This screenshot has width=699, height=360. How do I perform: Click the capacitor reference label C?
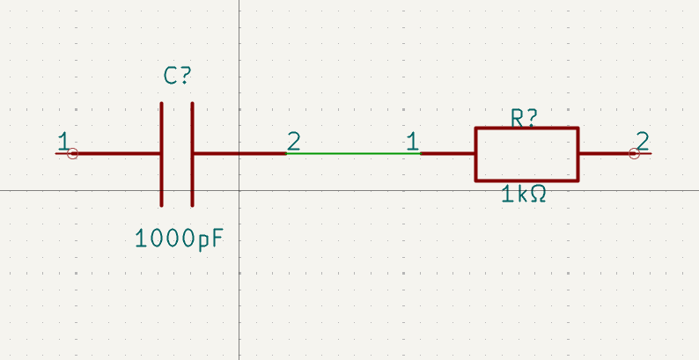(x=178, y=76)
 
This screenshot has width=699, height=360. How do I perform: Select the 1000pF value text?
(x=179, y=239)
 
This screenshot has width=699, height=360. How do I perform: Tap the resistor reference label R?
(x=525, y=119)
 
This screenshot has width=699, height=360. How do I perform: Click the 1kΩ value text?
(x=524, y=195)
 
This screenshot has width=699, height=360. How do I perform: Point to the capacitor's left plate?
(x=161, y=155)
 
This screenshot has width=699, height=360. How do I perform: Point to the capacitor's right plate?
(x=192, y=155)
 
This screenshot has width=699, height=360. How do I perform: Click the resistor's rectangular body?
(x=475, y=154)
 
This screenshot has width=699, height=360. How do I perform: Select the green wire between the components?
(x=354, y=154)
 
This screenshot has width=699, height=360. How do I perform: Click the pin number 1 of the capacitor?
(x=63, y=141)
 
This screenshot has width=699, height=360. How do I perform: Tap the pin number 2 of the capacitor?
(x=294, y=141)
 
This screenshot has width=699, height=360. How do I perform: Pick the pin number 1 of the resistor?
(x=413, y=141)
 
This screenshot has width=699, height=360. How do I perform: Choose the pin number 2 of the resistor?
(x=643, y=141)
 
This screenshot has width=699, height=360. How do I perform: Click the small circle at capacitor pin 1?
(x=72, y=154)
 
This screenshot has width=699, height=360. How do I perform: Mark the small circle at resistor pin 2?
(x=635, y=154)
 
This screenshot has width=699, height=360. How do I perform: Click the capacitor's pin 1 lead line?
(x=107, y=154)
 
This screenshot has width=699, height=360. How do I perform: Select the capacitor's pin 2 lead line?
(x=239, y=154)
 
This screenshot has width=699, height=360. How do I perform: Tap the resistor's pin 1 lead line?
(x=447, y=154)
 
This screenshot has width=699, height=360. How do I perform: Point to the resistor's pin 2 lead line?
(x=615, y=154)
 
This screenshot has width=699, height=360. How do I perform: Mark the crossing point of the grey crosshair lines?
(x=239, y=191)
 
